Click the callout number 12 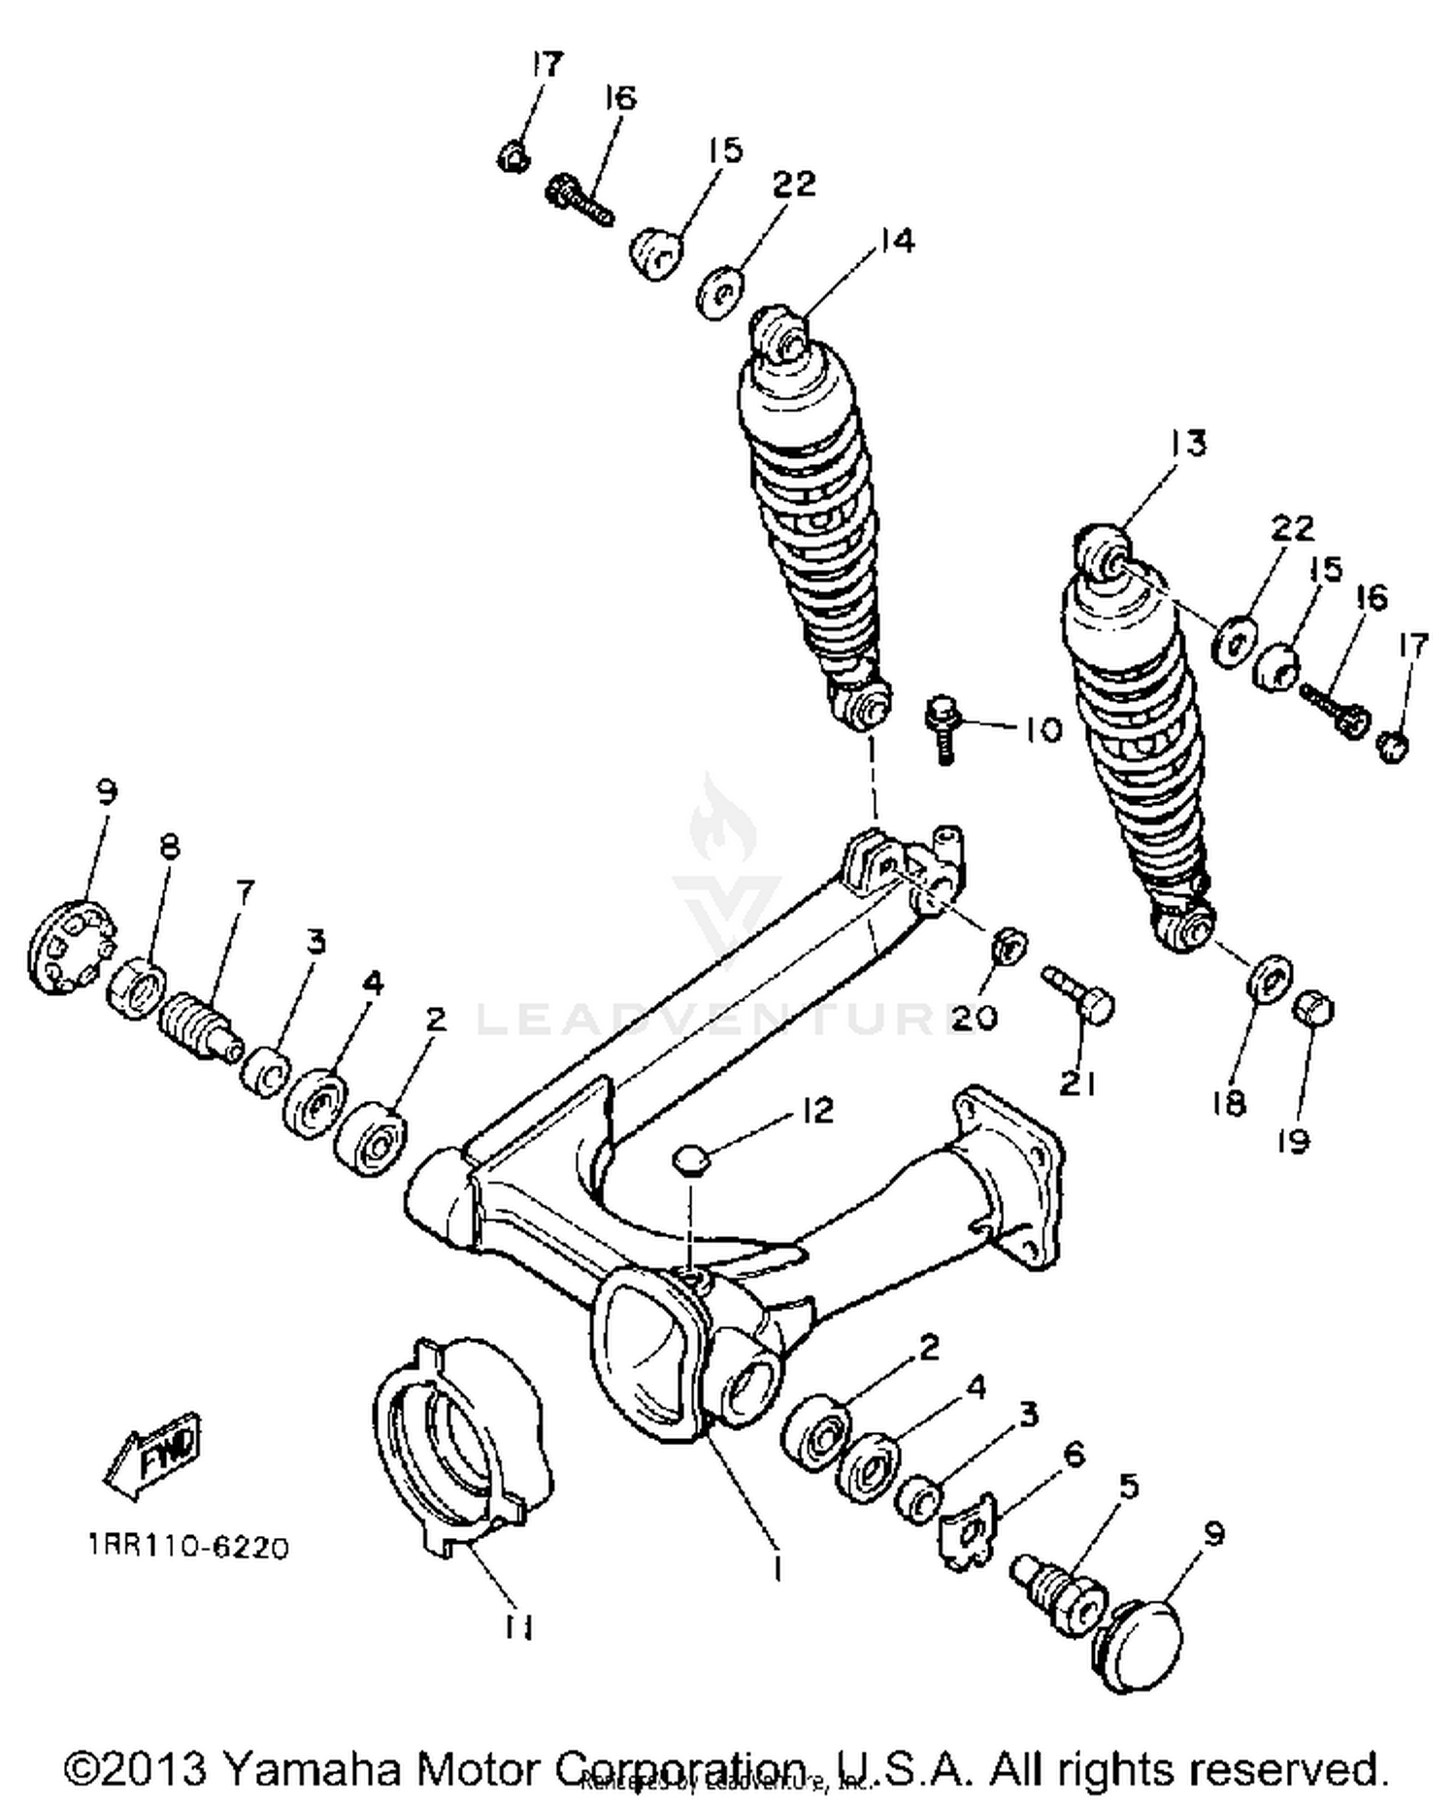(817, 1111)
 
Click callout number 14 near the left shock (897, 241)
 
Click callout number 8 (169, 847)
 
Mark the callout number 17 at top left (546, 65)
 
